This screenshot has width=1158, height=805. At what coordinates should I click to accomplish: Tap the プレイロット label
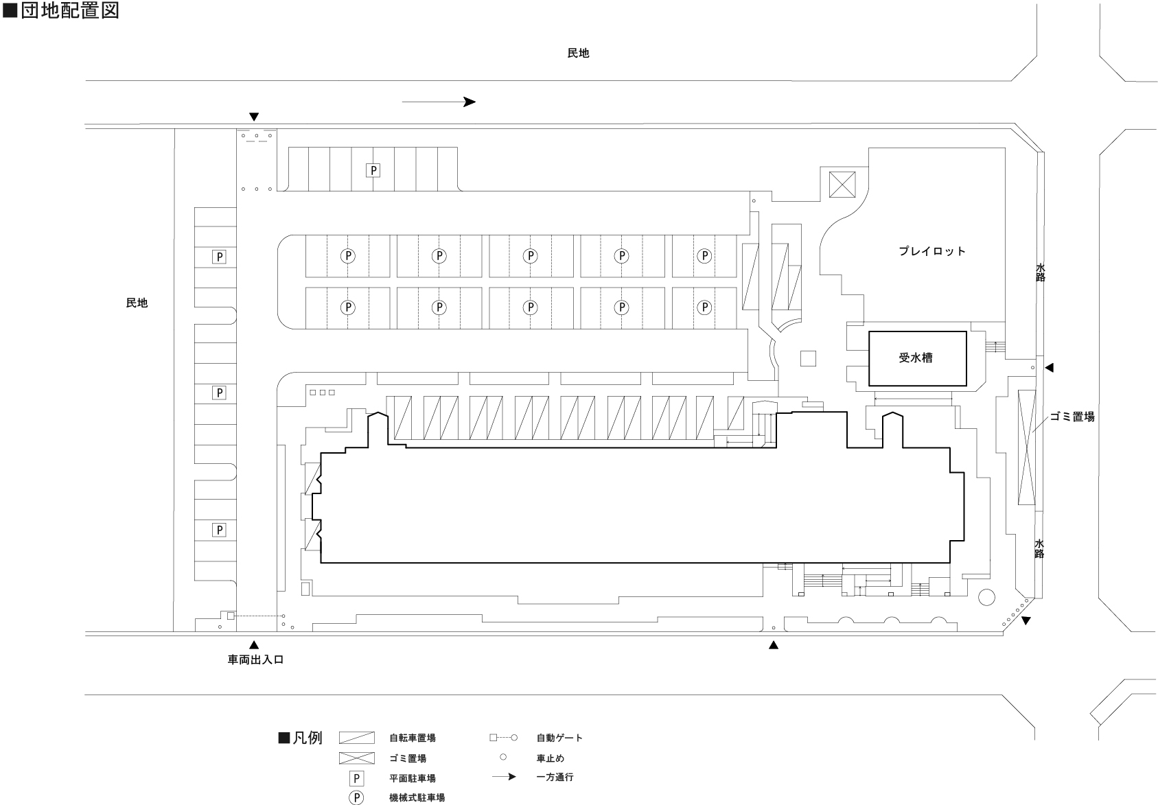pos(932,251)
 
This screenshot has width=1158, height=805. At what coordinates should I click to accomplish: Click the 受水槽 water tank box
pos(917,358)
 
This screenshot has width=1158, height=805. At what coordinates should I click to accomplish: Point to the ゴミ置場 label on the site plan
pos(1072,417)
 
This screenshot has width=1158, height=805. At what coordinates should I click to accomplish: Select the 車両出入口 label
pos(255,660)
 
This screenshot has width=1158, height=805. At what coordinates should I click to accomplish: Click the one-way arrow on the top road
pos(439,102)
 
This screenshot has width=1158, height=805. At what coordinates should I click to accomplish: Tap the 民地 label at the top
pos(578,54)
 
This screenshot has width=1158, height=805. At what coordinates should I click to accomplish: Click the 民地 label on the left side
pos(137,303)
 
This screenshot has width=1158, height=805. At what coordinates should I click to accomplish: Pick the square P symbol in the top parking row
pos(373,170)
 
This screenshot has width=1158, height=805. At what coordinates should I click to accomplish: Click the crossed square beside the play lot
pos(842,185)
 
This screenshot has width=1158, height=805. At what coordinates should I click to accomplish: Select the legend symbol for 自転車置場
pos(357,738)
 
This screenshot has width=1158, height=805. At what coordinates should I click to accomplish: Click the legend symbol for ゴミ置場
pos(357,758)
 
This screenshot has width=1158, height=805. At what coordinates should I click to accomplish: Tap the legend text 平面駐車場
pos(412,778)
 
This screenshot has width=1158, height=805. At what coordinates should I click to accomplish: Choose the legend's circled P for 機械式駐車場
pos(356,797)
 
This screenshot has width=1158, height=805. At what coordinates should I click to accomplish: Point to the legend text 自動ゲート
pos(559,738)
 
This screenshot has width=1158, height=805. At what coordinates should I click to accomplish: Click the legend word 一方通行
pos(555,778)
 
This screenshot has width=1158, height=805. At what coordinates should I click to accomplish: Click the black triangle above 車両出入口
pos(254,644)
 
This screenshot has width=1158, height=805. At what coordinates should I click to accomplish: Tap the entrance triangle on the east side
pos(1049,368)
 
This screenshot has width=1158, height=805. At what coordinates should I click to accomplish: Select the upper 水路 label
pos(1041,272)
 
